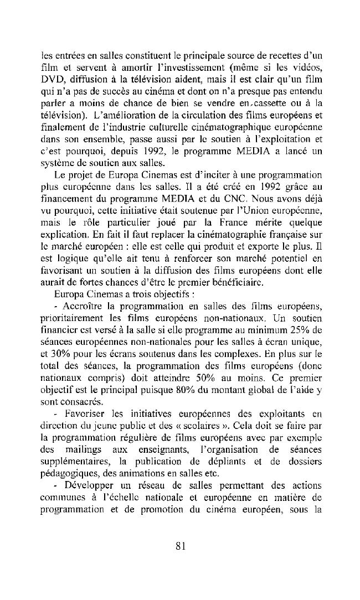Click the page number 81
(179, 546)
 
